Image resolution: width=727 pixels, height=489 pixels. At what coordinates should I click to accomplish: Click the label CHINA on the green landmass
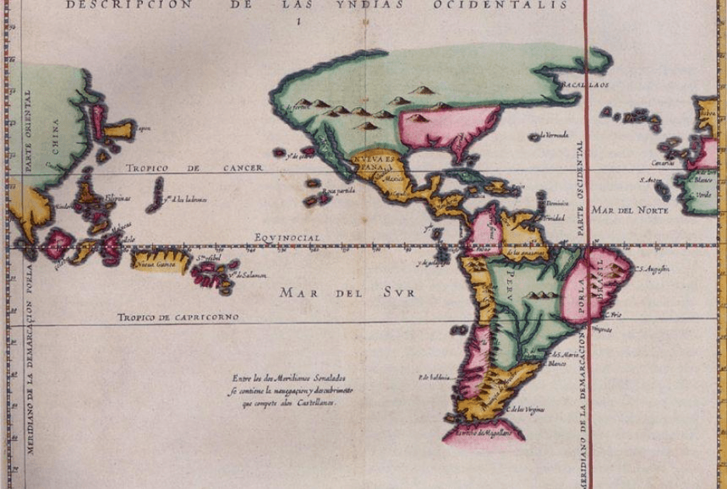pyautogui.click(x=55, y=136)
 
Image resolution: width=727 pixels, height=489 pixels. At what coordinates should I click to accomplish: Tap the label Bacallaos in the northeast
pyautogui.click(x=587, y=83)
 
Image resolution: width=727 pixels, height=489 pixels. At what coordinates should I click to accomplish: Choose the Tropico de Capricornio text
pyautogui.click(x=178, y=317)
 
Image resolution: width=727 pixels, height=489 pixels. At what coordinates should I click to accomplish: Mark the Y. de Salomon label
pyautogui.click(x=250, y=276)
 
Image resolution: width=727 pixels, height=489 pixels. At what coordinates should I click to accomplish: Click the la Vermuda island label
pyautogui.click(x=555, y=135)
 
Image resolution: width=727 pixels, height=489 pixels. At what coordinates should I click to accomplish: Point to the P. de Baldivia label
pyautogui.click(x=434, y=377)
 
